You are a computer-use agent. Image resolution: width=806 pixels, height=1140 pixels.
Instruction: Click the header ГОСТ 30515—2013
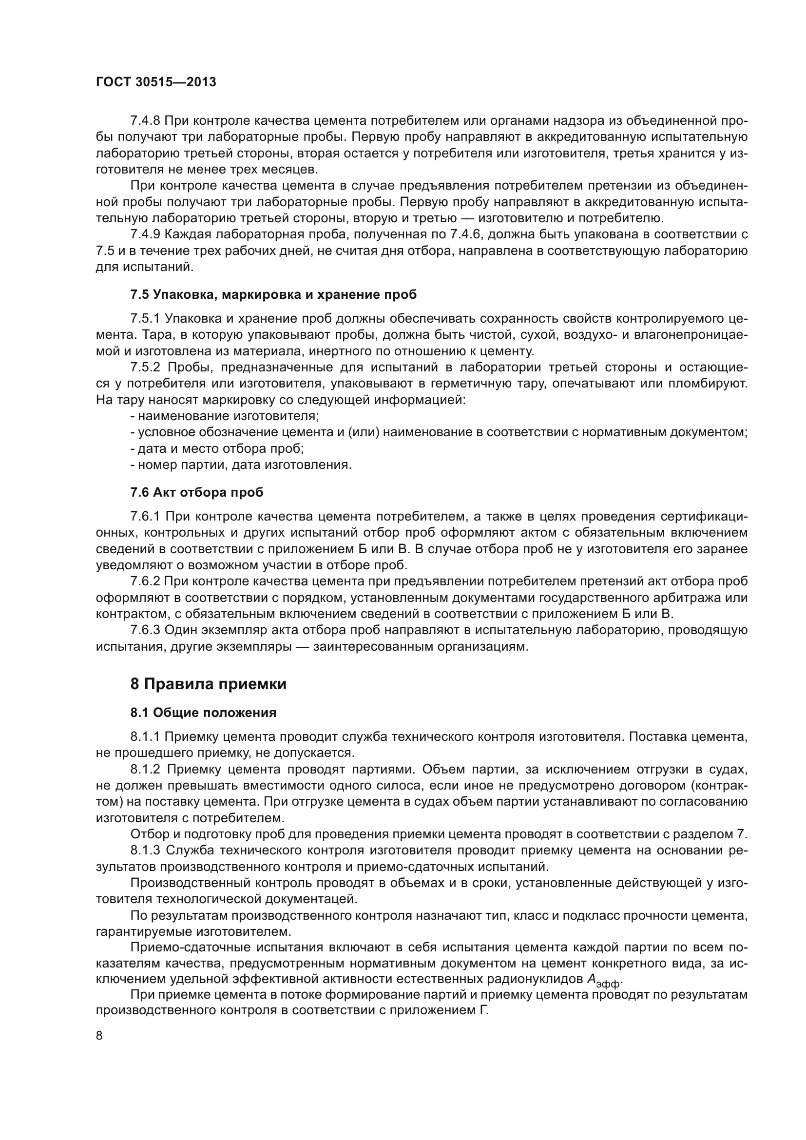point(156,82)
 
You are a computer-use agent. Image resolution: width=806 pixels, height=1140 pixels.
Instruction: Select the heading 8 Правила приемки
point(209,684)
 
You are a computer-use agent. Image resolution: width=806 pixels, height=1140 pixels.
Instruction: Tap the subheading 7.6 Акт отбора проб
point(196,493)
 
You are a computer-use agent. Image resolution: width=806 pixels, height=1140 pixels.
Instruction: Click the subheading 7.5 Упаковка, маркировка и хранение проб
point(273,294)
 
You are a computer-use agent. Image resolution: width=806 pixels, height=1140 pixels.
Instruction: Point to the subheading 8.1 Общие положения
point(203,713)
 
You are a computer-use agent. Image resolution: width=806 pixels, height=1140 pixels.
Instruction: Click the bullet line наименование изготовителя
point(226,416)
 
